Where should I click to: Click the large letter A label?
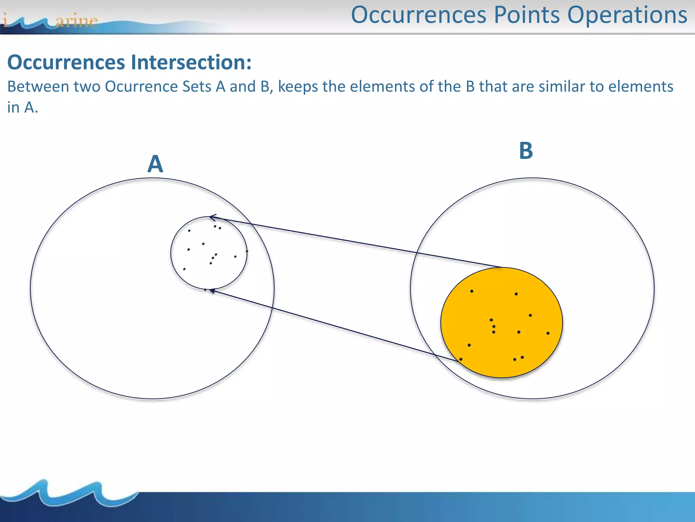[155, 164]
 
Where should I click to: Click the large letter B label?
[526, 151]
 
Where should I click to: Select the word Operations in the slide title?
[627, 15]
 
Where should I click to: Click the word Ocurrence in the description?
[142, 87]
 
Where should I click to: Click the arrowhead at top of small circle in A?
[212, 217]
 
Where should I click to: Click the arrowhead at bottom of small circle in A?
[212, 291]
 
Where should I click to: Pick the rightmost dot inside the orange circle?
[548, 333]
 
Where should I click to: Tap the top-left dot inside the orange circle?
[472, 291]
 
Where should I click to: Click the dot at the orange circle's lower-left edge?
[461, 359]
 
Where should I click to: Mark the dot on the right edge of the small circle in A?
[247, 251]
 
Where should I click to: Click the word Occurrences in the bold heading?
[66, 63]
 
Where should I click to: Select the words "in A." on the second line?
[22, 108]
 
